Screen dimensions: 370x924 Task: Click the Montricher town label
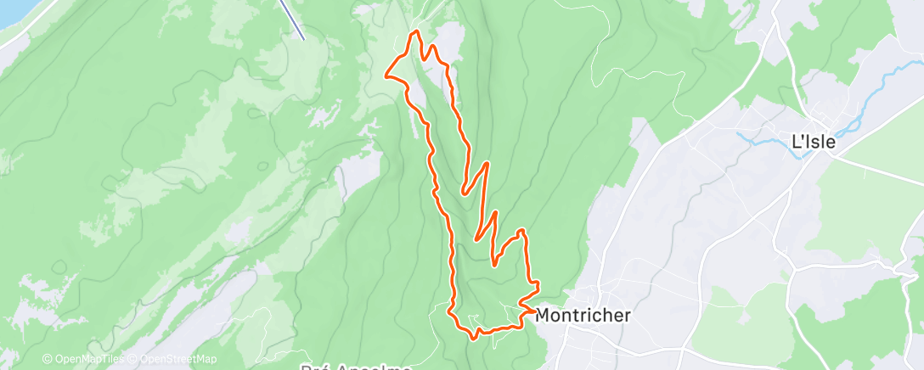coord(583,316)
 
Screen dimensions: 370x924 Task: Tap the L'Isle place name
coord(813,143)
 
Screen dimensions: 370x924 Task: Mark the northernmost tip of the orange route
coord(416,32)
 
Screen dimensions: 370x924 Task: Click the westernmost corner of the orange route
coord(388,76)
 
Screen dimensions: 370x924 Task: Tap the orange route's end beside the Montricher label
coord(534,311)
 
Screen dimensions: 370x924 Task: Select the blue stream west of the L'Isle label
coord(756,136)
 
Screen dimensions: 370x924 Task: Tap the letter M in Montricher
coord(543,316)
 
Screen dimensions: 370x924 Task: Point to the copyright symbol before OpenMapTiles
coord(48,359)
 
